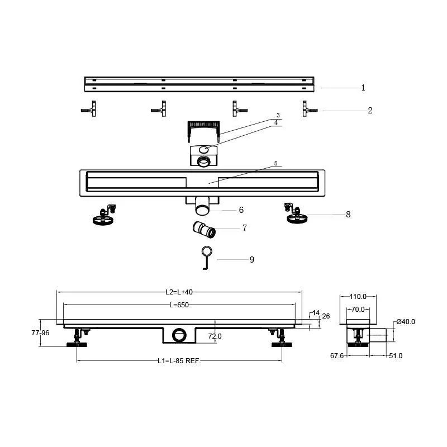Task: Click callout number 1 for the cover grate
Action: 363,88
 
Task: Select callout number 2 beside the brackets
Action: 370,110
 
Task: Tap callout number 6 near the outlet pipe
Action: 241,210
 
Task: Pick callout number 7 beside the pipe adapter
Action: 244,228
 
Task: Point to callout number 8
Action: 348,215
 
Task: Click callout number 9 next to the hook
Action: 252,259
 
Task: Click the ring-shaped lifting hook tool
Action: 207,258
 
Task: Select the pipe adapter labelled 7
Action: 203,230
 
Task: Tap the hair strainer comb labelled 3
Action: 203,131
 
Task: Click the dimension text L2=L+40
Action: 179,292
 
